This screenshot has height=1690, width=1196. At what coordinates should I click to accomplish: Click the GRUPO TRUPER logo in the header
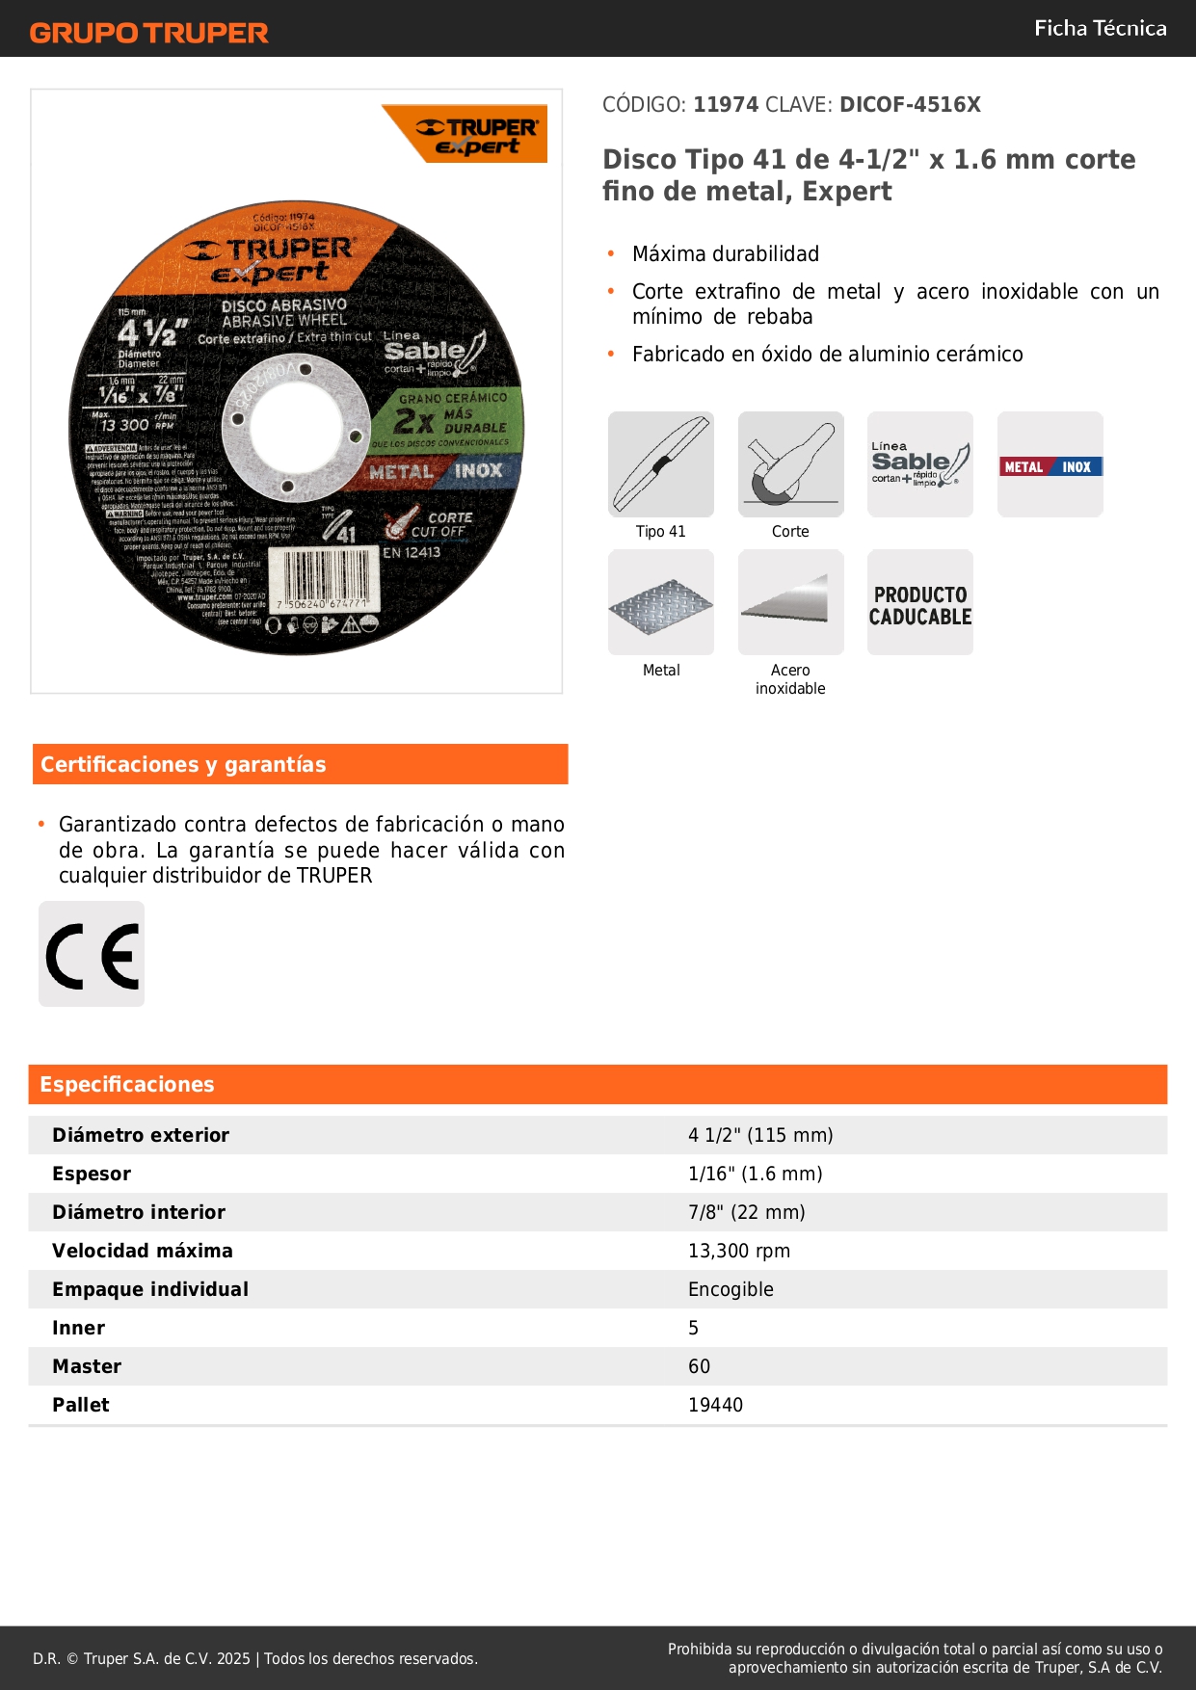[148, 33]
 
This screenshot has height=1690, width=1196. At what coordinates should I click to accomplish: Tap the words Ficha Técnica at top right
[1100, 28]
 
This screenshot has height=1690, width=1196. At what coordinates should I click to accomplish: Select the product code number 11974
[726, 105]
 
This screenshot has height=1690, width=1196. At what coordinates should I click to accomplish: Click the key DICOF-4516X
[910, 105]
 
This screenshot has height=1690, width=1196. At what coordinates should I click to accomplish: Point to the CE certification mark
[92, 955]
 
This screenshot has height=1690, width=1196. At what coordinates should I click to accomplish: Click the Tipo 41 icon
[661, 464]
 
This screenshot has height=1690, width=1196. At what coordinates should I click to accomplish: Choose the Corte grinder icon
[790, 464]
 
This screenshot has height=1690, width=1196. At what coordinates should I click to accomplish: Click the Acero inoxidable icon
[790, 603]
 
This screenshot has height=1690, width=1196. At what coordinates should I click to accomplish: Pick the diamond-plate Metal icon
[661, 603]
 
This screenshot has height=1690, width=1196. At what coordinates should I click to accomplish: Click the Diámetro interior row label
[139, 1212]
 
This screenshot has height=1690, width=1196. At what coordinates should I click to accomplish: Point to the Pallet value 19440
[715, 1405]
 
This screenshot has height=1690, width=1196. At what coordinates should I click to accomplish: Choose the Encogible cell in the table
[731, 1289]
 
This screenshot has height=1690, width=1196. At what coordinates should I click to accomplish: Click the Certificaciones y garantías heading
[183, 765]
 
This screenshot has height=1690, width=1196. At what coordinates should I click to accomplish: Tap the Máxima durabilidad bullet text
[726, 254]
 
